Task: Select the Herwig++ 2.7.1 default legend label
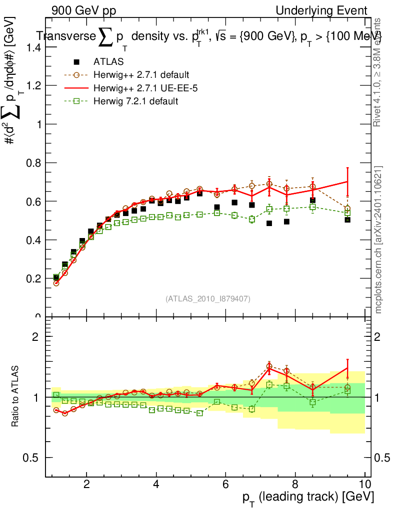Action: pyautogui.click(x=141, y=75)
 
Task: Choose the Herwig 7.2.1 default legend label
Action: pyautogui.click(x=135, y=101)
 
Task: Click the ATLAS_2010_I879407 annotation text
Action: pyautogui.click(x=208, y=298)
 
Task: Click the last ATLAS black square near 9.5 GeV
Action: pyautogui.click(x=347, y=220)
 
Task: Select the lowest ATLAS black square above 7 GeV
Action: pyautogui.click(x=269, y=223)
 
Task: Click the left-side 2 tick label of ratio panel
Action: pyautogui.click(x=35, y=336)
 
